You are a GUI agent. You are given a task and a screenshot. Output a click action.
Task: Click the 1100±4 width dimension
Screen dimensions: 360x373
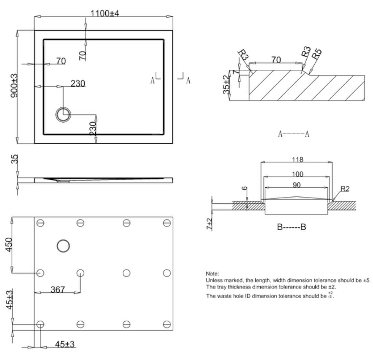(105, 13)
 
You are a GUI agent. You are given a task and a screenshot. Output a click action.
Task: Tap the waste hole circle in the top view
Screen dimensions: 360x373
(63, 115)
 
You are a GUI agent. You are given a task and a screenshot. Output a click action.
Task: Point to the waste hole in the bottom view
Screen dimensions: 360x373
(63, 246)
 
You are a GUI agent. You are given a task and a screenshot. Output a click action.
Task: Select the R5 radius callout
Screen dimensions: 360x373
(316, 54)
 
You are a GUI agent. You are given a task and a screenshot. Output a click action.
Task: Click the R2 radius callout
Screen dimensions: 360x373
(345, 188)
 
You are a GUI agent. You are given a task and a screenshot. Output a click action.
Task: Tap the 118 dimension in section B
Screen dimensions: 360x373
(297, 159)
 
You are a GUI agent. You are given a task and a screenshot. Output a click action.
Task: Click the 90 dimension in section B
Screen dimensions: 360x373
(296, 185)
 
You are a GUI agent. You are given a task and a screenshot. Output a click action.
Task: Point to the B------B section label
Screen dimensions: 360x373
(291, 227)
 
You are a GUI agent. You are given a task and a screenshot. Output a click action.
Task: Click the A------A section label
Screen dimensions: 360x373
(294, 134)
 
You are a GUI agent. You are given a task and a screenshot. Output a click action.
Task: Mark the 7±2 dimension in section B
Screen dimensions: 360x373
(209, 224)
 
